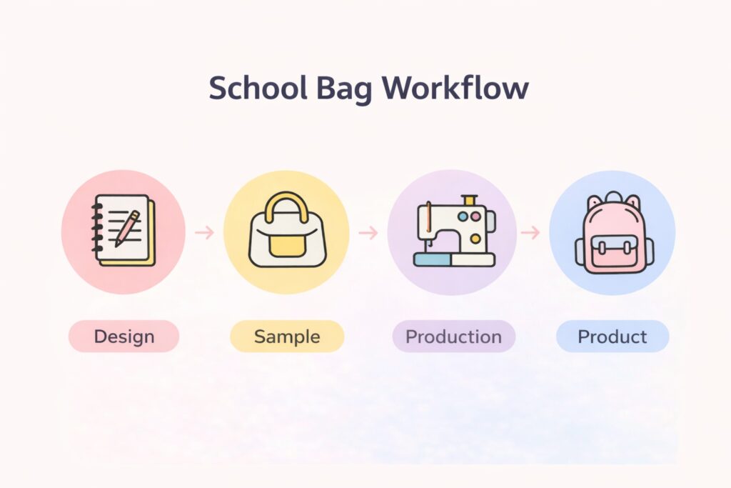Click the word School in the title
(258, 88)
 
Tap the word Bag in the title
(344, 89)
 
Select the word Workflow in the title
(455, 88)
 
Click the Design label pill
(124, 336)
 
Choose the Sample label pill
(287, 336)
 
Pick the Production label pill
(453, 336)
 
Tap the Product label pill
(612, 336)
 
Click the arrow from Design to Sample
(204, 232)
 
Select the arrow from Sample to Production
(368, 232)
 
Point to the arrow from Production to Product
(530, 232)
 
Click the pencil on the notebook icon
(127, 228)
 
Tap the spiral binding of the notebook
(96, 228)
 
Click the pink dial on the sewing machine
(475, 216)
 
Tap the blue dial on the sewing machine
(463, 216)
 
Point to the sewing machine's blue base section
(432, 260)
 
